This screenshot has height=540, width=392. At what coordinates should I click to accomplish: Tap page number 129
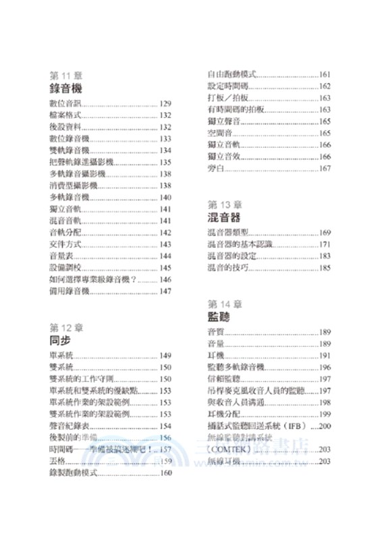pos(167,104)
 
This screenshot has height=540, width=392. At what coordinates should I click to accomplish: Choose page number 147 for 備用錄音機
pos(167,291)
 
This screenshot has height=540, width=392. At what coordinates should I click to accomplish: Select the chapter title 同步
pos(60,341)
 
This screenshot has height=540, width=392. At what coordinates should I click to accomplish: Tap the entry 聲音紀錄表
pos(68,426)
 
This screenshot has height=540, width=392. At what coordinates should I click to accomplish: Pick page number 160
pos(167,473)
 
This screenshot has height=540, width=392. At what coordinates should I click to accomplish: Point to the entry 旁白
pos(214,167)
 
